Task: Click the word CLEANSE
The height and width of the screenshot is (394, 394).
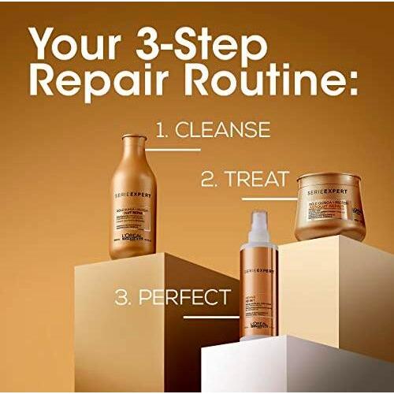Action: [224, 129]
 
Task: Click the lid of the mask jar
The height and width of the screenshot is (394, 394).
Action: [330, 187]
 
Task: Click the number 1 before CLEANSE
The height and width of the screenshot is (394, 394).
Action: [161, 129]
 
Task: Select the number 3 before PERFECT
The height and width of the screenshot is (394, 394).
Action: [122, 297]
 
